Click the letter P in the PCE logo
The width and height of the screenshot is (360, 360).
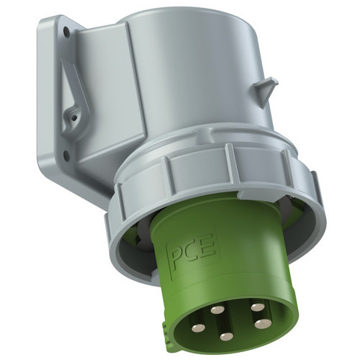[x=179, y=253]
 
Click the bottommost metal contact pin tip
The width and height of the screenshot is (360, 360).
[x=226, y=337]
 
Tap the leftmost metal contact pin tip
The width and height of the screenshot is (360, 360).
[x=198, y=328]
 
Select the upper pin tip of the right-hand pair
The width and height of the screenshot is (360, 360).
[x=258, y=307]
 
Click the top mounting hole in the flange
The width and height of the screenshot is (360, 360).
[x=66, y=32]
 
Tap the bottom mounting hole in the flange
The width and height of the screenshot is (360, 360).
[x=66, y=156]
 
